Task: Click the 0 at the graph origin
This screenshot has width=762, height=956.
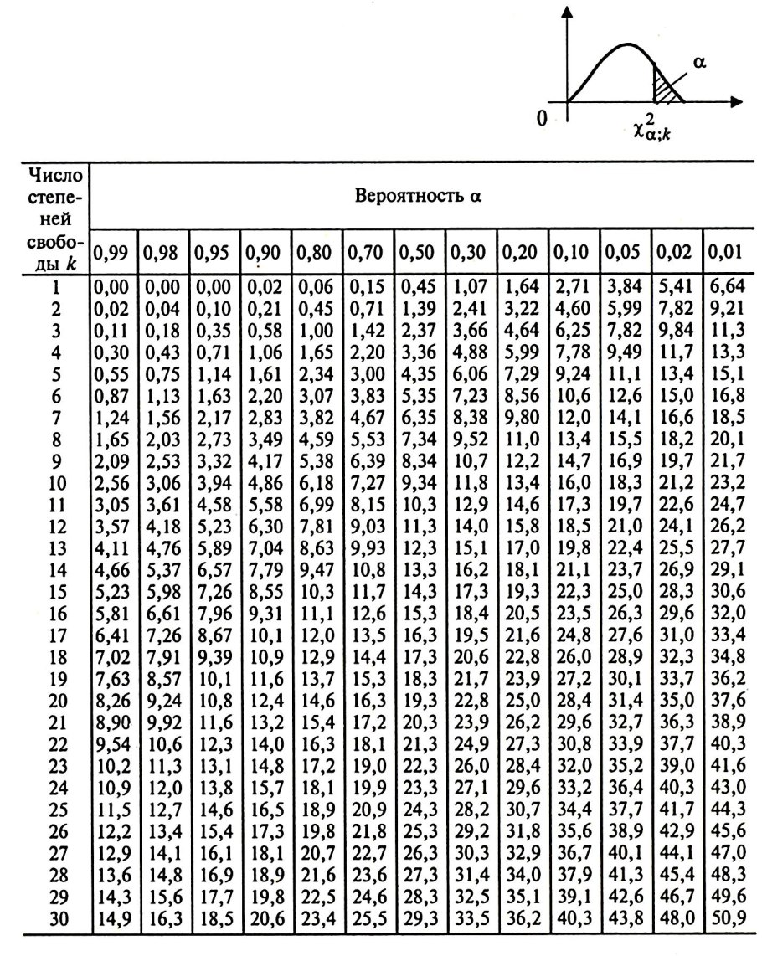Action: [543, 118]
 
